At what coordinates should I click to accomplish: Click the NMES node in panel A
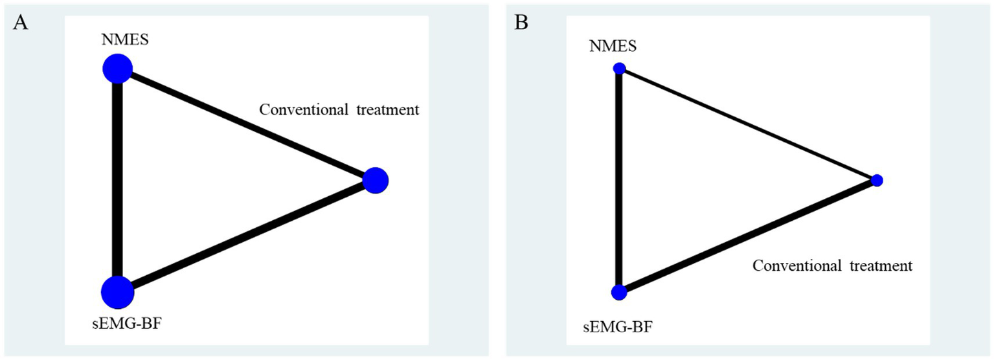pos(117,69)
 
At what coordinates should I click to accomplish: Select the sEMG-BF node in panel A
pos(117,293)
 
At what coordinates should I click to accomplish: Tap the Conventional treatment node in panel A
pos(376,180)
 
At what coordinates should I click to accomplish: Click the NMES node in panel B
pos(619,69)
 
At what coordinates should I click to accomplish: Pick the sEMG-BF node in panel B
pos(619,293)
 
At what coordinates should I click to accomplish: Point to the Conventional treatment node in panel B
pos(877,180)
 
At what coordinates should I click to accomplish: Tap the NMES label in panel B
pos(613,46)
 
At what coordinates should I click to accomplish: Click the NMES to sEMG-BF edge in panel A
pos(117,181)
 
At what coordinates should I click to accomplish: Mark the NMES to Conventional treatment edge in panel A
pos(246,124)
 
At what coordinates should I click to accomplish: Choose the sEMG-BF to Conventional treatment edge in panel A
pos(246,236)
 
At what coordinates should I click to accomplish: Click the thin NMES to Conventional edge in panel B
pos(748,124)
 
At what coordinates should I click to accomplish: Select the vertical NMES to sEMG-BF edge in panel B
pos(619,181)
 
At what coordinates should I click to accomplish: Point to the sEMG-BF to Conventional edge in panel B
pos(748,236)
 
